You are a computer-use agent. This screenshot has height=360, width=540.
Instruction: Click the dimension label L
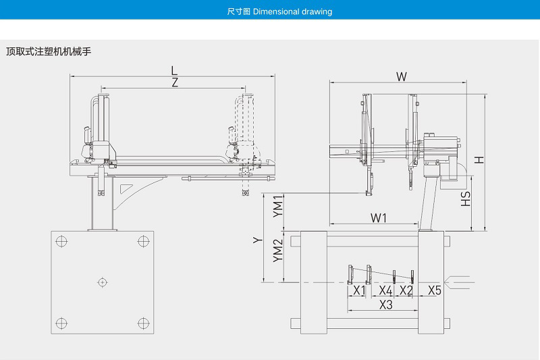[174, 70]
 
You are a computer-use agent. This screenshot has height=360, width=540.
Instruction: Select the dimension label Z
[175, 82]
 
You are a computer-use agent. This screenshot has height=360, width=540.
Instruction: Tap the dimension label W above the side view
[401, 76]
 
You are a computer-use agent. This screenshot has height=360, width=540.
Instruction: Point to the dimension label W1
[379, 218]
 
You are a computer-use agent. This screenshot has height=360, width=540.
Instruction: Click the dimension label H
[478, 160]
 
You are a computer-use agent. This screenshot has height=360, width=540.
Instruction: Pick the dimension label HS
[466, 198]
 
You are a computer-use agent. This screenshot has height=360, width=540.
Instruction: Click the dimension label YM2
[277, 251]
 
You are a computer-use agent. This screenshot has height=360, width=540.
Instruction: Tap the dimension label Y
[256, 240]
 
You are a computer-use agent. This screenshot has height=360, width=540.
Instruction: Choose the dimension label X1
[360, 290]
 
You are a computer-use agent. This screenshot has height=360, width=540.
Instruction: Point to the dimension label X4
[385, 290]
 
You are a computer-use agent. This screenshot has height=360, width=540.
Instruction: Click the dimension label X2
[406, 290]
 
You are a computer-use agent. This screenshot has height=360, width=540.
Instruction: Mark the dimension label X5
[435, 290]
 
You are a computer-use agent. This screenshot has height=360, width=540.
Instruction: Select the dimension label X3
[386, 305]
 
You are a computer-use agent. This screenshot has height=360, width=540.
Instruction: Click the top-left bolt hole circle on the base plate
[61, 241]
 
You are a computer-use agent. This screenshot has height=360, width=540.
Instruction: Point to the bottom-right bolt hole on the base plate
[142, 322]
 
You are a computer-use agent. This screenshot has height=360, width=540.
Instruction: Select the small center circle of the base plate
[102, 281]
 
